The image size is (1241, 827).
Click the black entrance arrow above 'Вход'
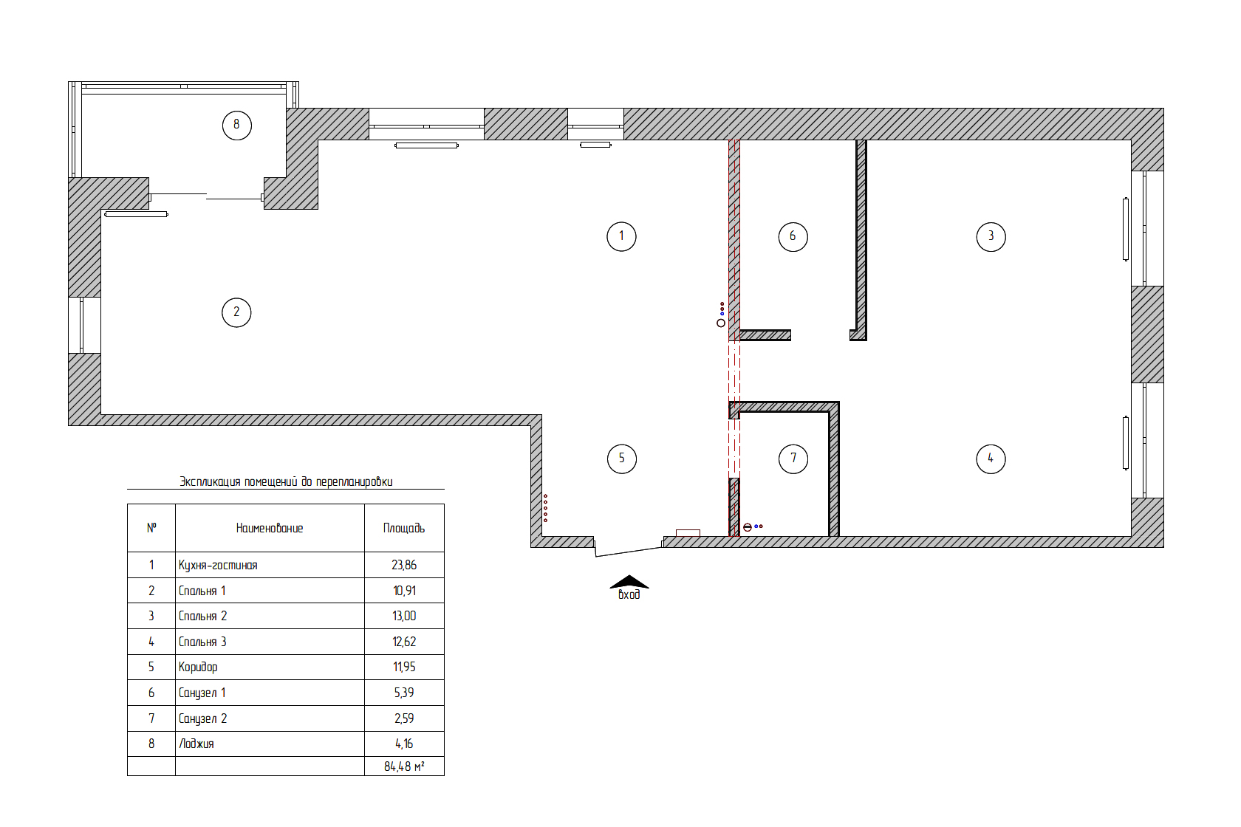[x=629, y=582]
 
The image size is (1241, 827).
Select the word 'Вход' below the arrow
[x=629, y=594]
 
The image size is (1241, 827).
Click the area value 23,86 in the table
[x=404, y=565]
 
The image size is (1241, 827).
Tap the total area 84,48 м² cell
[x=404, y=766]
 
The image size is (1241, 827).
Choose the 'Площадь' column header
[x=404, y=529]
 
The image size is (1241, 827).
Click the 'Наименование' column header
[x=269, y=529]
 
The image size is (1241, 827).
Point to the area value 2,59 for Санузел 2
[x=404, y=718]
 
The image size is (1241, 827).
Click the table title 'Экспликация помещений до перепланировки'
[x=286, y=481]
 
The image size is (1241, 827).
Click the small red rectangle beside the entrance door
[x=688, y=533]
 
